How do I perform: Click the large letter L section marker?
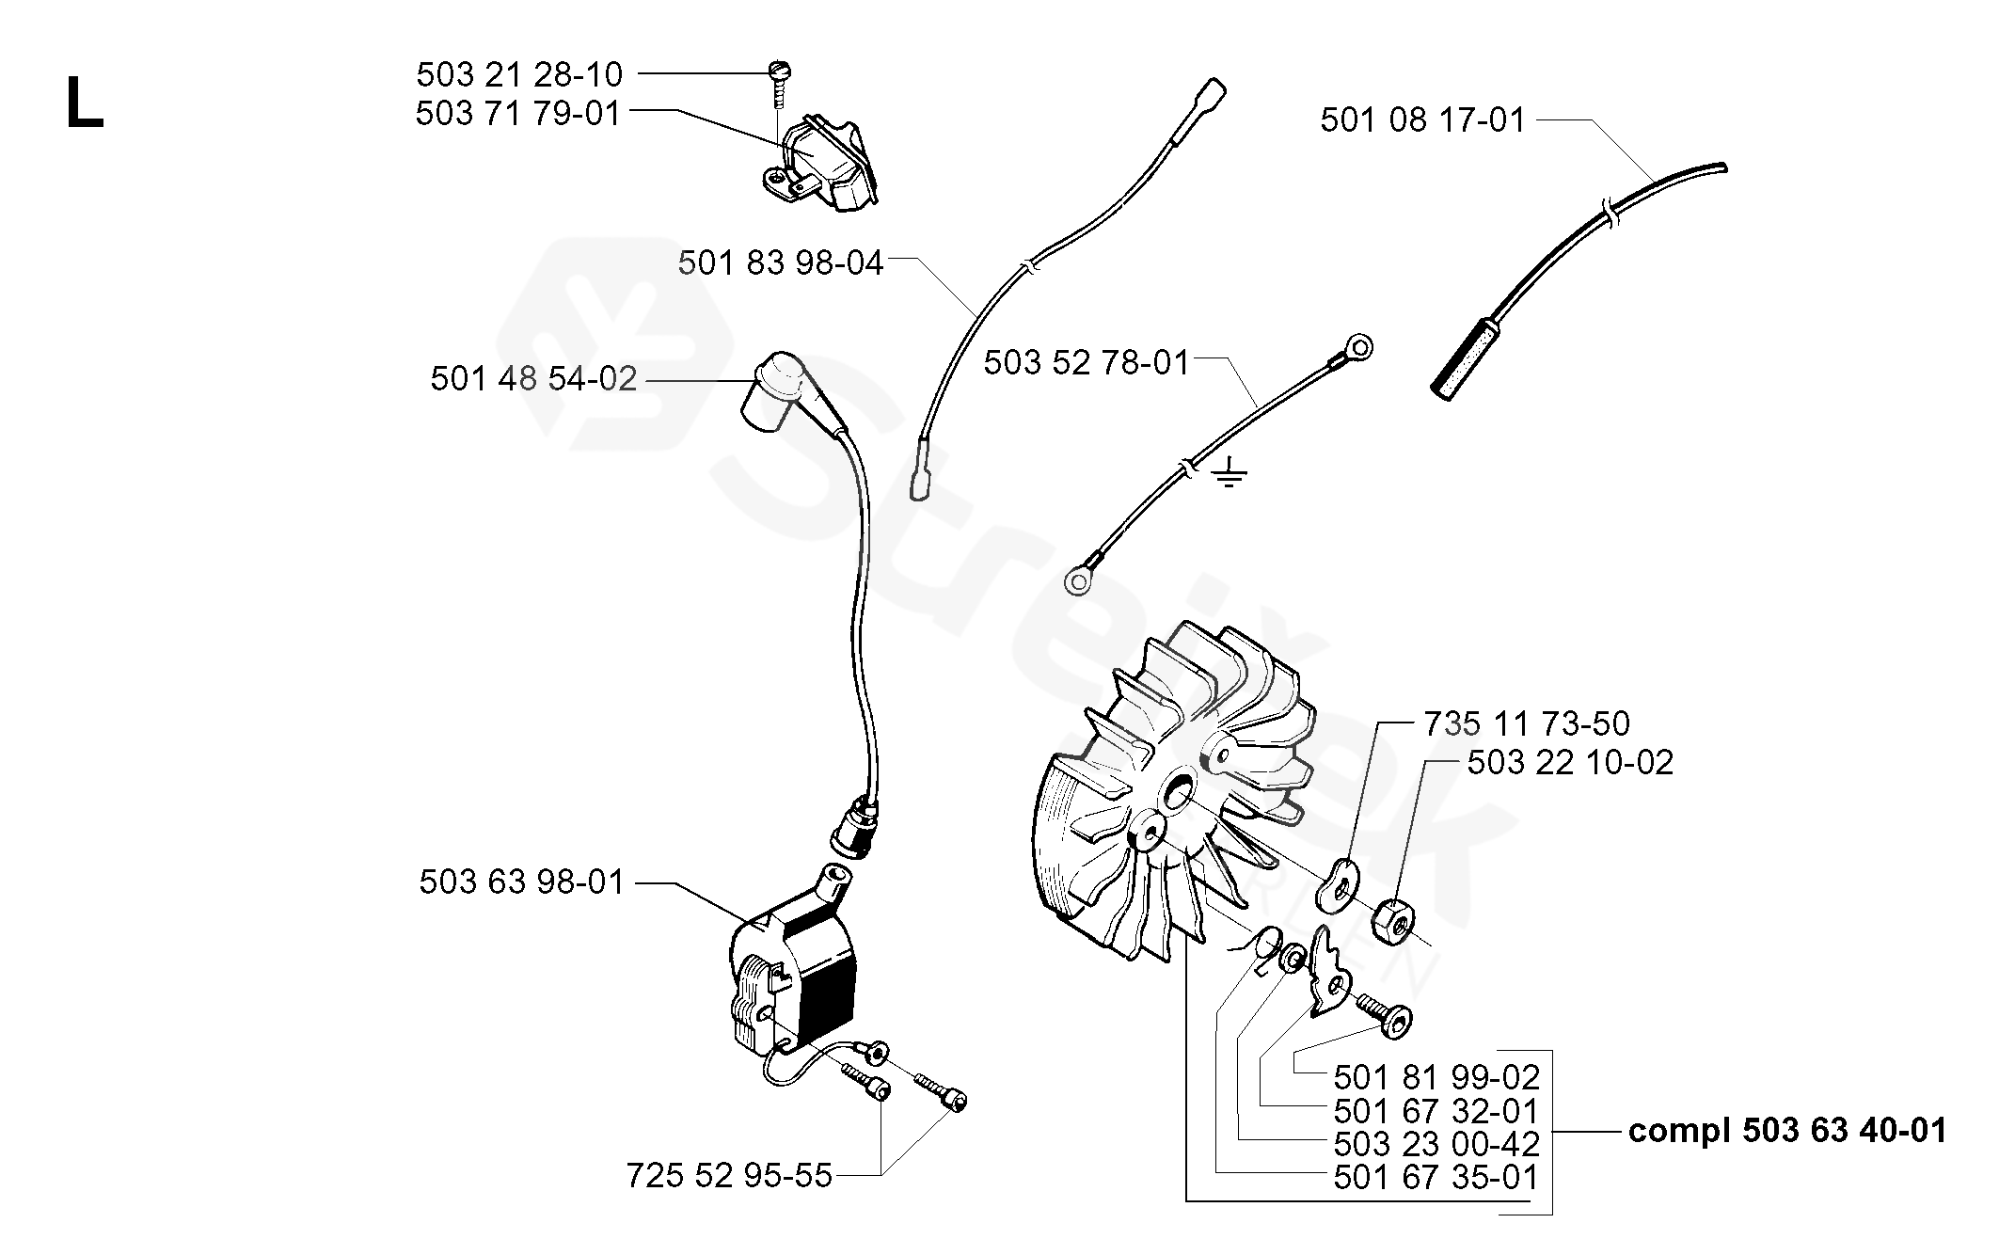[84, 104]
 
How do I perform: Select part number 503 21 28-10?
[518, 74]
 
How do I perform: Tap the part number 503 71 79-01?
[518, 114]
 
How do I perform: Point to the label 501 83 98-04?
[780, 263]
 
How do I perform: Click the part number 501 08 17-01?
[1421, 120]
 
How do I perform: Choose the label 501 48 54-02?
[533, 379]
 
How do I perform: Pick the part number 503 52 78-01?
[1087, 362]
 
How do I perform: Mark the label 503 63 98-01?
[521, 882]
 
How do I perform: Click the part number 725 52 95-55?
[729, 1176]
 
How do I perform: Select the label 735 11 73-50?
[1526, 723]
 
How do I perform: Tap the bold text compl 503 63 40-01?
[1786, 1130]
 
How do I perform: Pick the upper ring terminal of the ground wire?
[1357, 347]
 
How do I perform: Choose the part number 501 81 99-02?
[1436, 1077]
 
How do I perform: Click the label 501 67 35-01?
[1436, 1178]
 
